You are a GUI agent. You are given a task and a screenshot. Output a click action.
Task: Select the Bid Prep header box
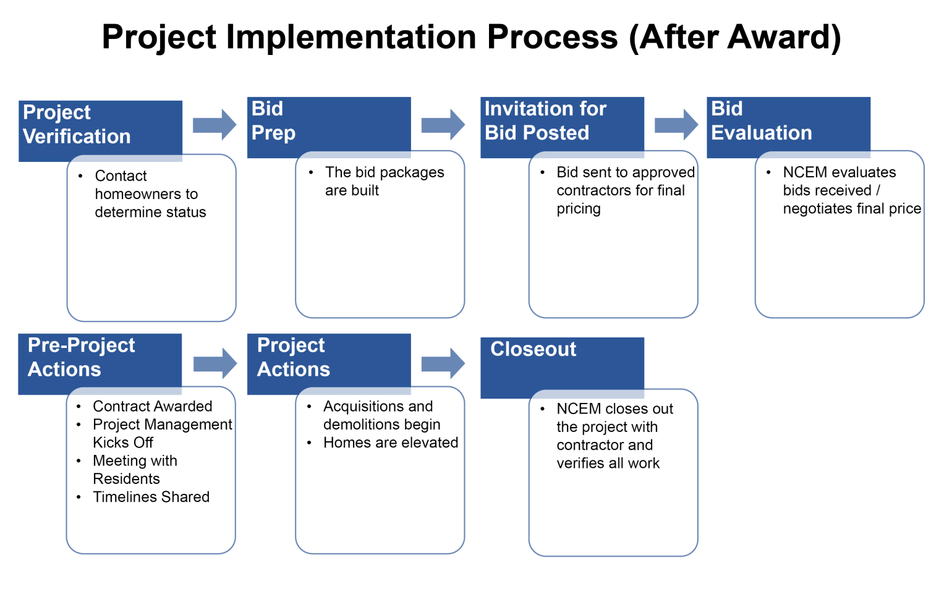click(329, 124)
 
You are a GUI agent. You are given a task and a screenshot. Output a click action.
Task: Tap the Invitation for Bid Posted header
click(562, 124)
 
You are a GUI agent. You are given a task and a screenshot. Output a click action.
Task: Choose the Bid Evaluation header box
click(788, 124)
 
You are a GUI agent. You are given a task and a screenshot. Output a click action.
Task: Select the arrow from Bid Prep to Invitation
click(443, 125)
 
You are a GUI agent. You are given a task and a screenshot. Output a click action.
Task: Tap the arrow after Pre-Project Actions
click(215, 363)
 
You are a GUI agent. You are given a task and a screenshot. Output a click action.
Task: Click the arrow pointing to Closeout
click(443, 363)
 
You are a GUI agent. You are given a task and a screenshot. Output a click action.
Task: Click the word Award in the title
click(780, 37)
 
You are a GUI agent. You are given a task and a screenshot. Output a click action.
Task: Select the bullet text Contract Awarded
click(152, 407)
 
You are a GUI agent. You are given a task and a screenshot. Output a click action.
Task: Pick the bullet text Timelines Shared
click(151, 497)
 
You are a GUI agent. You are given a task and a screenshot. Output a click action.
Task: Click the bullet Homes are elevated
click(391, 443)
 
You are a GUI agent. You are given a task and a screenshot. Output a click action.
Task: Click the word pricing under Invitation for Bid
click(578, 209)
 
